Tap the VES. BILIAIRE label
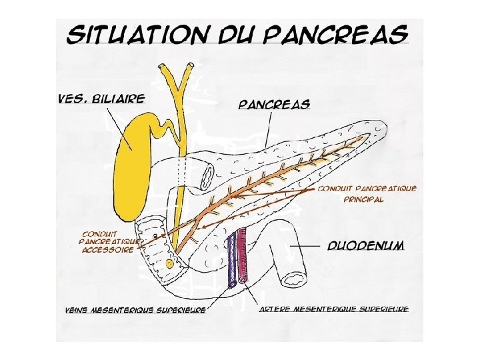pyautogui.click(x=101, y=99)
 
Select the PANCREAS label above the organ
pyautogui.click(x=274, y=105)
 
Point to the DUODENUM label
pyautogui.click(x=365, y=245)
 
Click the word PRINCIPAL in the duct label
pyautogui.click(x=363, y=199)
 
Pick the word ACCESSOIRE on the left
pyautogui.click(x=107, y=251)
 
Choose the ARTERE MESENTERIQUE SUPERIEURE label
pyautogui.click(x=333, y=309)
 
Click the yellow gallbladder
pyautogui.click(x=133, y=157)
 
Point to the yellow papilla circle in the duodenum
pyautogui.click(x=169, y=264)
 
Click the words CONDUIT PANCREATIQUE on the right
pyautogui.click(x=367, y=189)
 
